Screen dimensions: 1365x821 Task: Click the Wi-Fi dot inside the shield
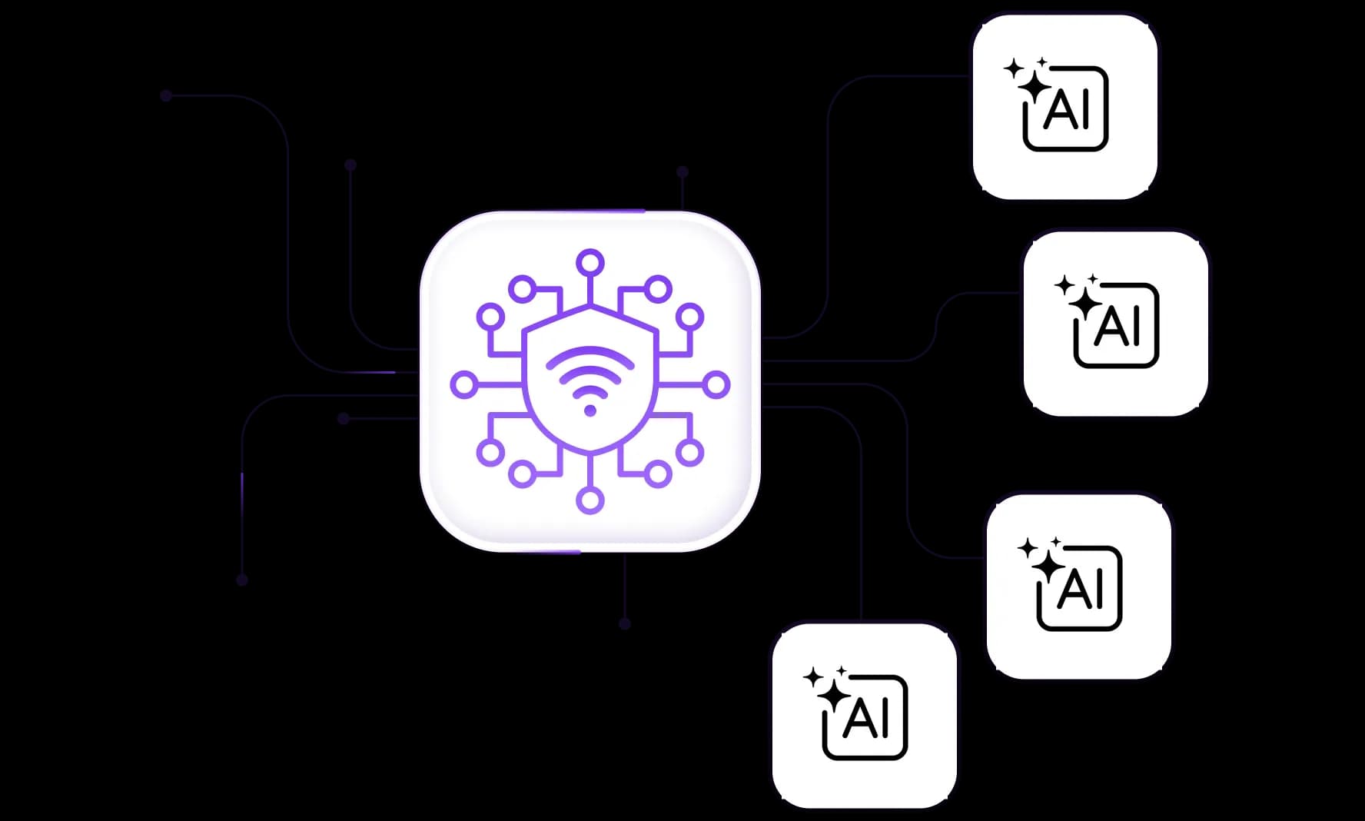(590, 410)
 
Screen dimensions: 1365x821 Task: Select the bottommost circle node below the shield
(590, 500)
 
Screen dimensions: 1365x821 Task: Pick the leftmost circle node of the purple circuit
(463, 384)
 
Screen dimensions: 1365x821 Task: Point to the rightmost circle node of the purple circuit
(716, 384)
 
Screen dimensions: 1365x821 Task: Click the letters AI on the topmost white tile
(1067, 110)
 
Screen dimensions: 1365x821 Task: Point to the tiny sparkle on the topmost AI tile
(1042, 61)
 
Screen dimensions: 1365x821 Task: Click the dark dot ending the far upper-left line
(166, 95)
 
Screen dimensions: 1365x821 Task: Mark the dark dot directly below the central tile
(625, 623)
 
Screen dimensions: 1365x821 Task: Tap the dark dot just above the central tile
(682, 171)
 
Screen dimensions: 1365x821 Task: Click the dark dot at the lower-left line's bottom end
(242, 580)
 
